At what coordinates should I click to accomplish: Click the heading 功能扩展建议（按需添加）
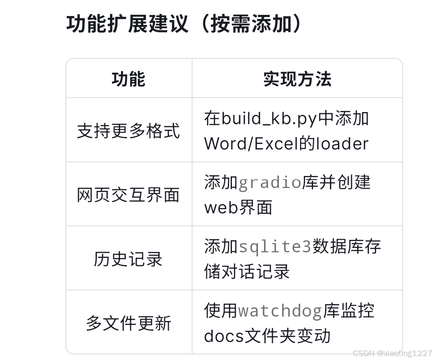[x=184, y=24]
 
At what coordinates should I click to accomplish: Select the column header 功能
[x=129, y=79]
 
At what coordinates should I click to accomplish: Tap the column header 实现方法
[x=297, y=79]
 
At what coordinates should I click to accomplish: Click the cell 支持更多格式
[x=129, y=131]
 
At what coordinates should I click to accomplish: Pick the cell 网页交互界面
[x=129, y=195]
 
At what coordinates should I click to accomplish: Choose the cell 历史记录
[x=129, y=259]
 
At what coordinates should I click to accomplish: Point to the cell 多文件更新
[x=129, y=323]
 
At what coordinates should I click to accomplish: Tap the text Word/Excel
[x=251, y=144]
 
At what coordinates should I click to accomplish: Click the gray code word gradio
[x=270, y=183]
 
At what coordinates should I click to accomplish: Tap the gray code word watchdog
[x=280, y=311]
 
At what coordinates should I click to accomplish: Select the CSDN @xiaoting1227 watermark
[x=392, y=353]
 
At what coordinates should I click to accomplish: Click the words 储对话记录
[x=247, y=272]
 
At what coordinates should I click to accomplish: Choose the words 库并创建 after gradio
[x=336, y=183]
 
